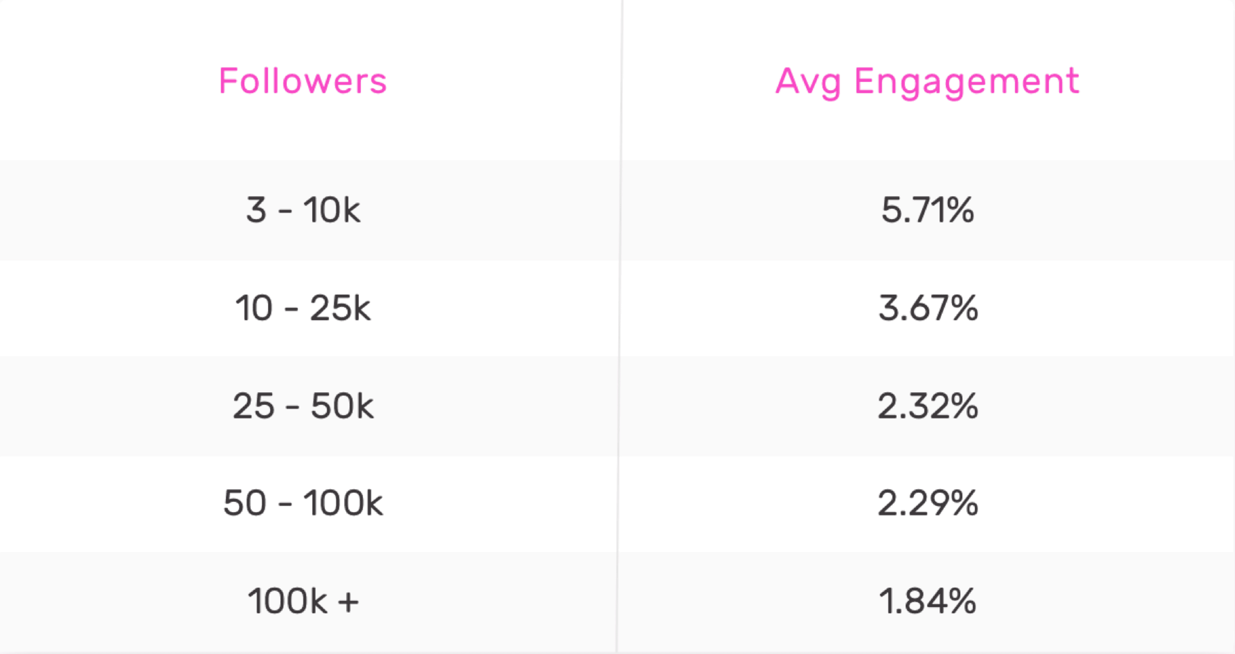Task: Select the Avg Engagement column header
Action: [x=927, y=81]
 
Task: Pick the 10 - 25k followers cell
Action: [x=303, y=308]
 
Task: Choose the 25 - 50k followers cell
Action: [x=303, y=406]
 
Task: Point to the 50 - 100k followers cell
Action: [x=303, y=503]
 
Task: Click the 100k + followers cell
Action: [x=303, y=601]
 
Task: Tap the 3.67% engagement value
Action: [x=927, y=308]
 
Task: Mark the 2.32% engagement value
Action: [x=927, y=406]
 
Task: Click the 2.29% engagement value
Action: [x=927, y=503]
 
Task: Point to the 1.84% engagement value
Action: [x=927, y=601]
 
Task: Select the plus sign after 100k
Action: [x=348, y=602]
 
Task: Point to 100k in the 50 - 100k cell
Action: [x=343, y=503]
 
